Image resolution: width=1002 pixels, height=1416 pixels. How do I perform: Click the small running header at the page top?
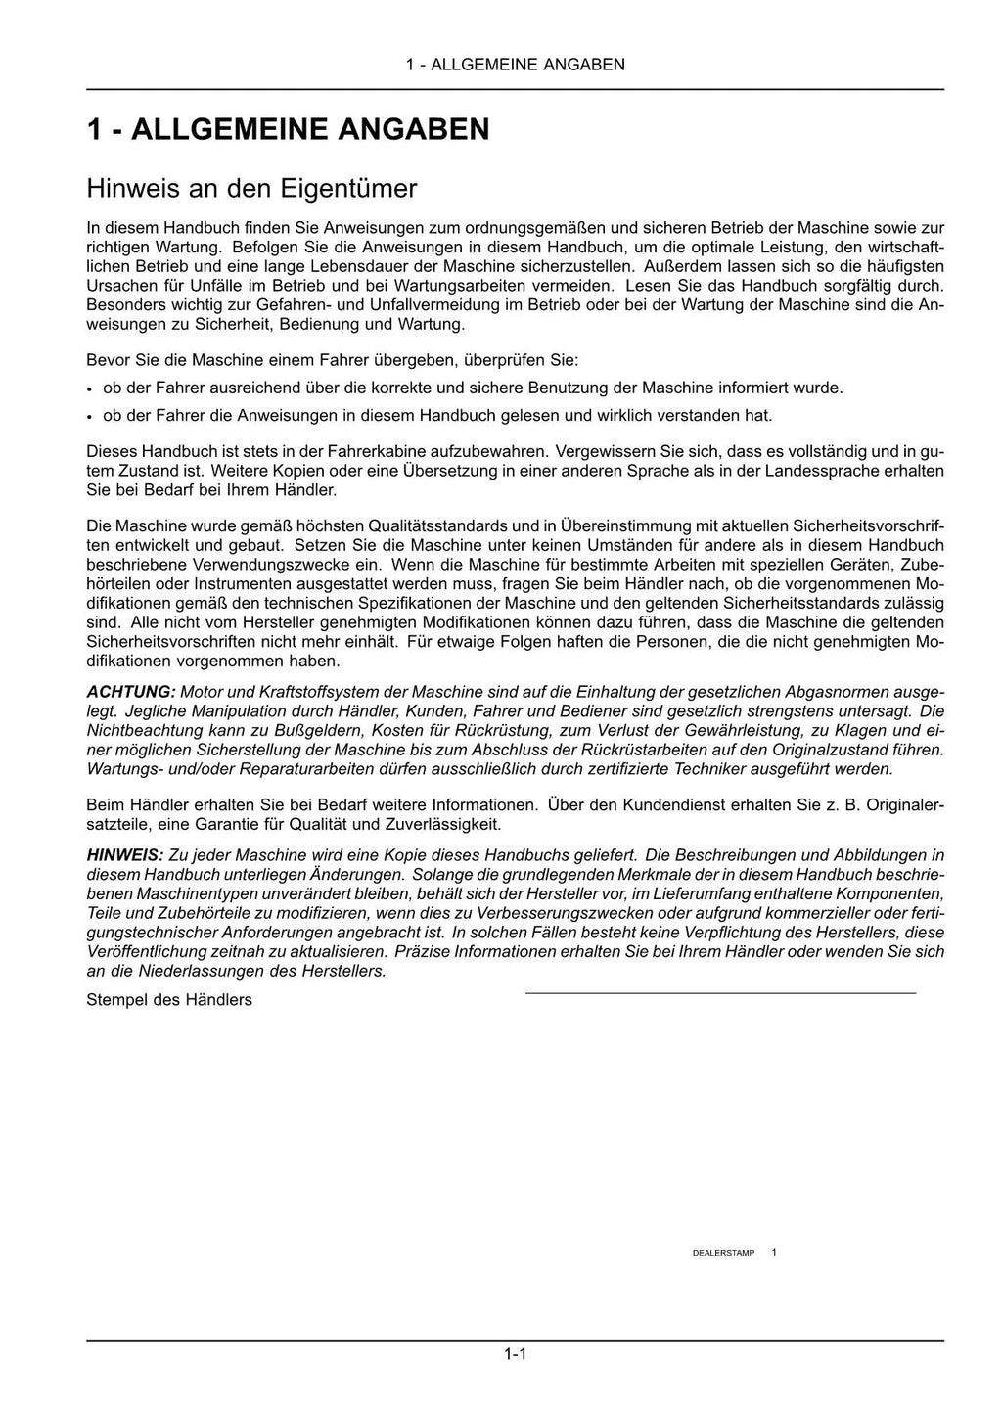[515, 65]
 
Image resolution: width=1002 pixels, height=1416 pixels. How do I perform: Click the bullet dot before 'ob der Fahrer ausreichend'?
[90, 388]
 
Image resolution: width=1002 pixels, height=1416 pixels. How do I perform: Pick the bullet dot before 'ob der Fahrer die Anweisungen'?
[90, 416]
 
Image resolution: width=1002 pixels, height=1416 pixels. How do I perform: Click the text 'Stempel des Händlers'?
[169, 999]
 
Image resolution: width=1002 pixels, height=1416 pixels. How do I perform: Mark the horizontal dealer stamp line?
[720, 993]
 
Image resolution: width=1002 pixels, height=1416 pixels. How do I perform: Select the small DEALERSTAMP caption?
[723, 1253]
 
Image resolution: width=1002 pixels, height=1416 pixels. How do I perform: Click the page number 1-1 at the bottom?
[515, 1354]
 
